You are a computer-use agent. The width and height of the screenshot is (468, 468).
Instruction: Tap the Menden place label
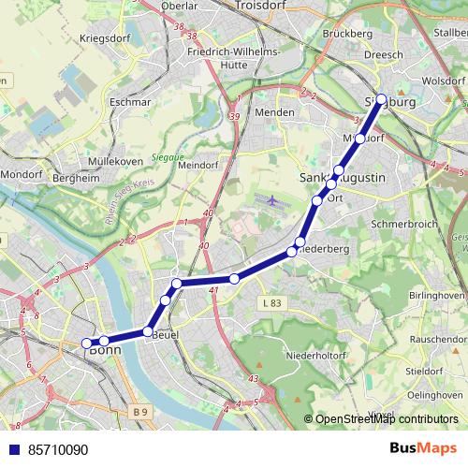click(275, 112)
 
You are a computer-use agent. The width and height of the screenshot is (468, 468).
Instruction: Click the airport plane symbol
click(272, 200)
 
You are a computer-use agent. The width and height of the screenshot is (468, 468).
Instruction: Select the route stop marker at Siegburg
click(381, 98)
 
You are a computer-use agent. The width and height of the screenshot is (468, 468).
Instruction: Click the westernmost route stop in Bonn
click(87, 343)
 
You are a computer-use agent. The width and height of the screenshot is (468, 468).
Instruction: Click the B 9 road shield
click(139, 411)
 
